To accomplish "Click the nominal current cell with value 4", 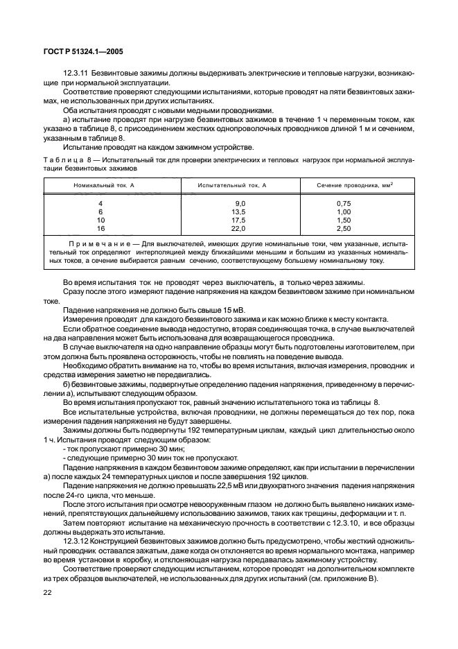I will [x=100, y=203].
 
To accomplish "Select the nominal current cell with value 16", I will [x=100, y=227].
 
